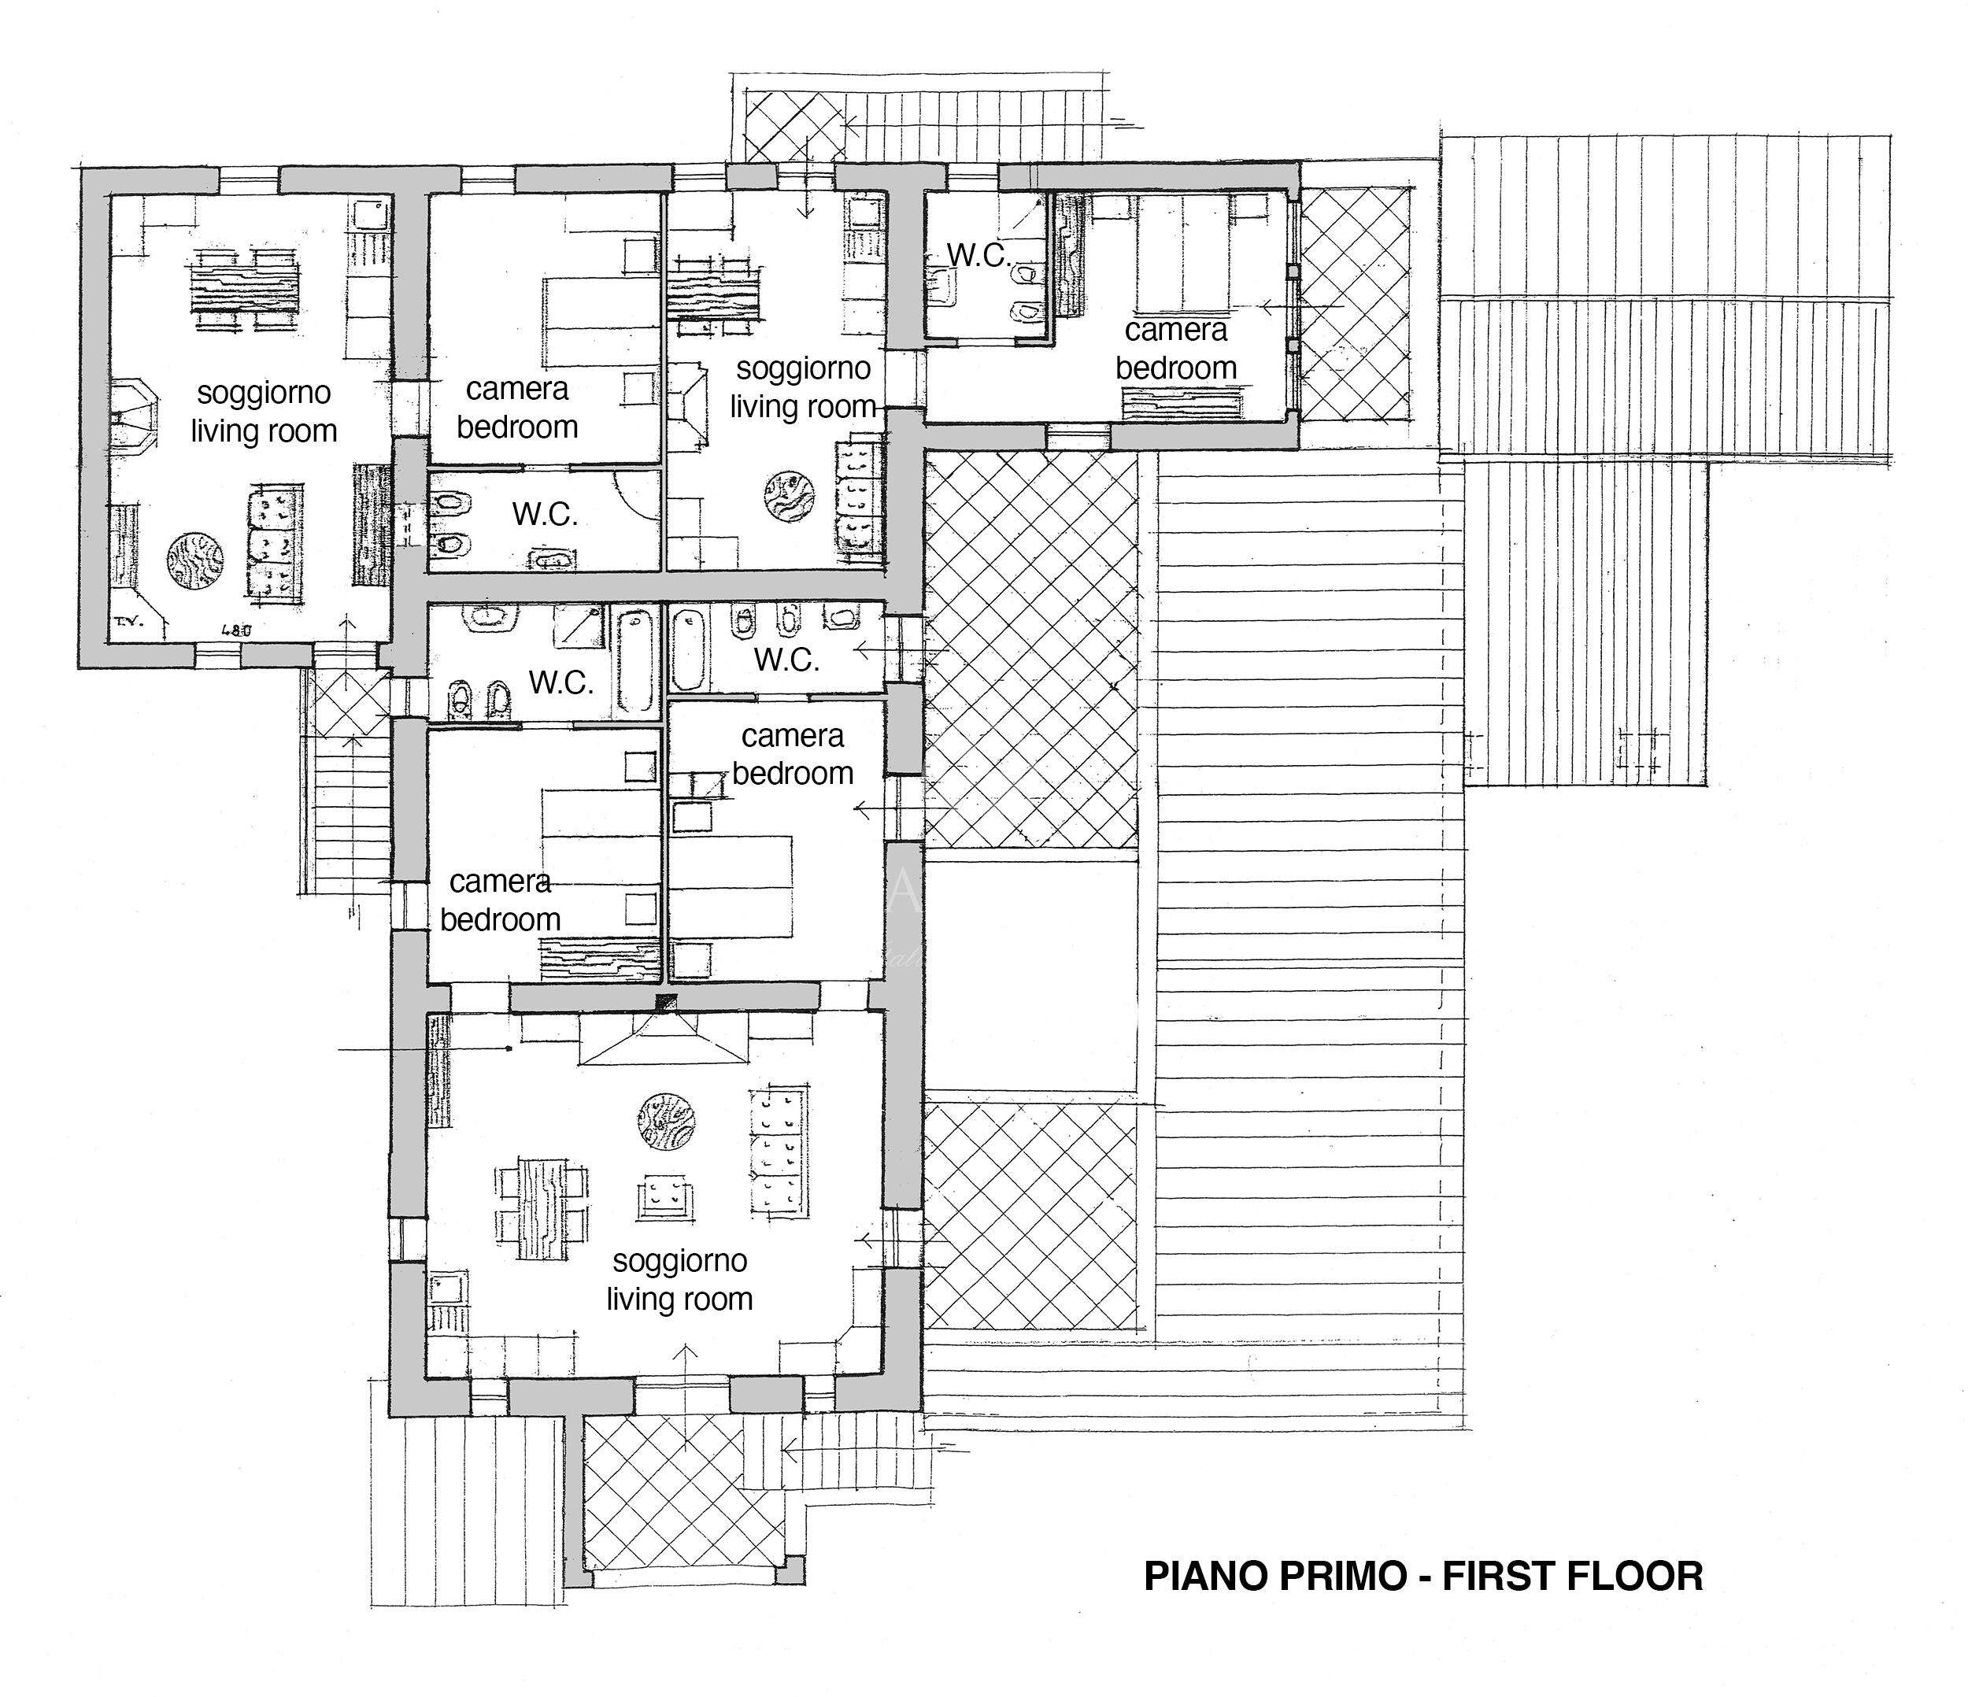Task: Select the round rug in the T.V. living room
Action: [x=197, y=562]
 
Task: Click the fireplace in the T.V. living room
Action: [x=132, y=417]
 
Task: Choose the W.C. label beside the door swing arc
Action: [x=546, y=515]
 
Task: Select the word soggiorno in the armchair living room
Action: [x=680, y=1261]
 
